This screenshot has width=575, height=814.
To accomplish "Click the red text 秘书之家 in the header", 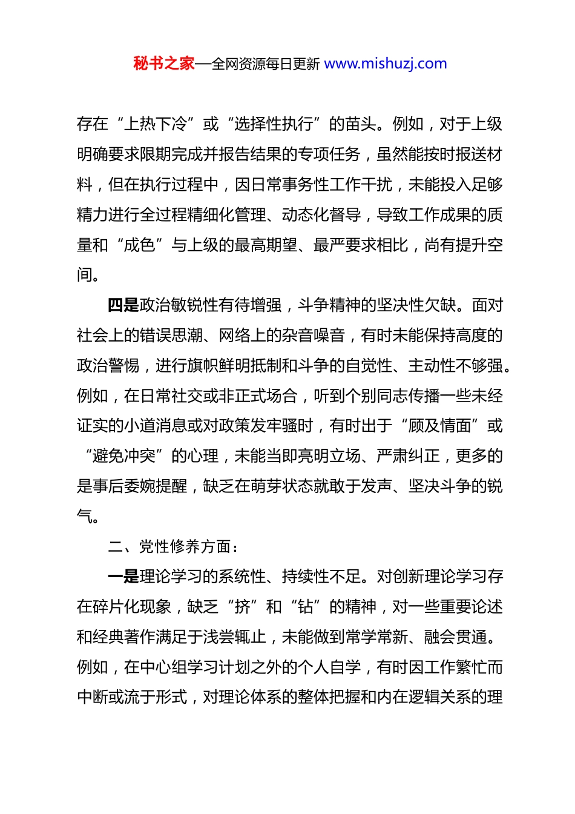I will click(x=164, y=64).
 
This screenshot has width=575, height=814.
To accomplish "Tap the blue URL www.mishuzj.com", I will click(x=385, y=64).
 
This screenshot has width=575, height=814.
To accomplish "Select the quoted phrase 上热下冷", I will click(x=155, y=124).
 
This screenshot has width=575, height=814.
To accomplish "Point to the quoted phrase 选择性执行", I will click(x=274, y=124).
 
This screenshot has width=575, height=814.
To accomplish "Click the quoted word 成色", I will click(x=139, y=245).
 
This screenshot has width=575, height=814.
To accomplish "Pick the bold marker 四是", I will click(x=123, y=305).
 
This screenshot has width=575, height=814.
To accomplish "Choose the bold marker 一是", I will click(x=123, y=577).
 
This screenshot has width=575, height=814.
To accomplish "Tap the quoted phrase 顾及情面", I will click(x=440, y=426).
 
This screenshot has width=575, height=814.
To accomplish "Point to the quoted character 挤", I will click(x=242, y=607).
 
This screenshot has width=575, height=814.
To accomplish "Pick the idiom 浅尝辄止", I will click(x=235, y=637).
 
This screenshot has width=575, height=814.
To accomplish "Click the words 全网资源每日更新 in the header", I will click(x=265, y=64).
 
